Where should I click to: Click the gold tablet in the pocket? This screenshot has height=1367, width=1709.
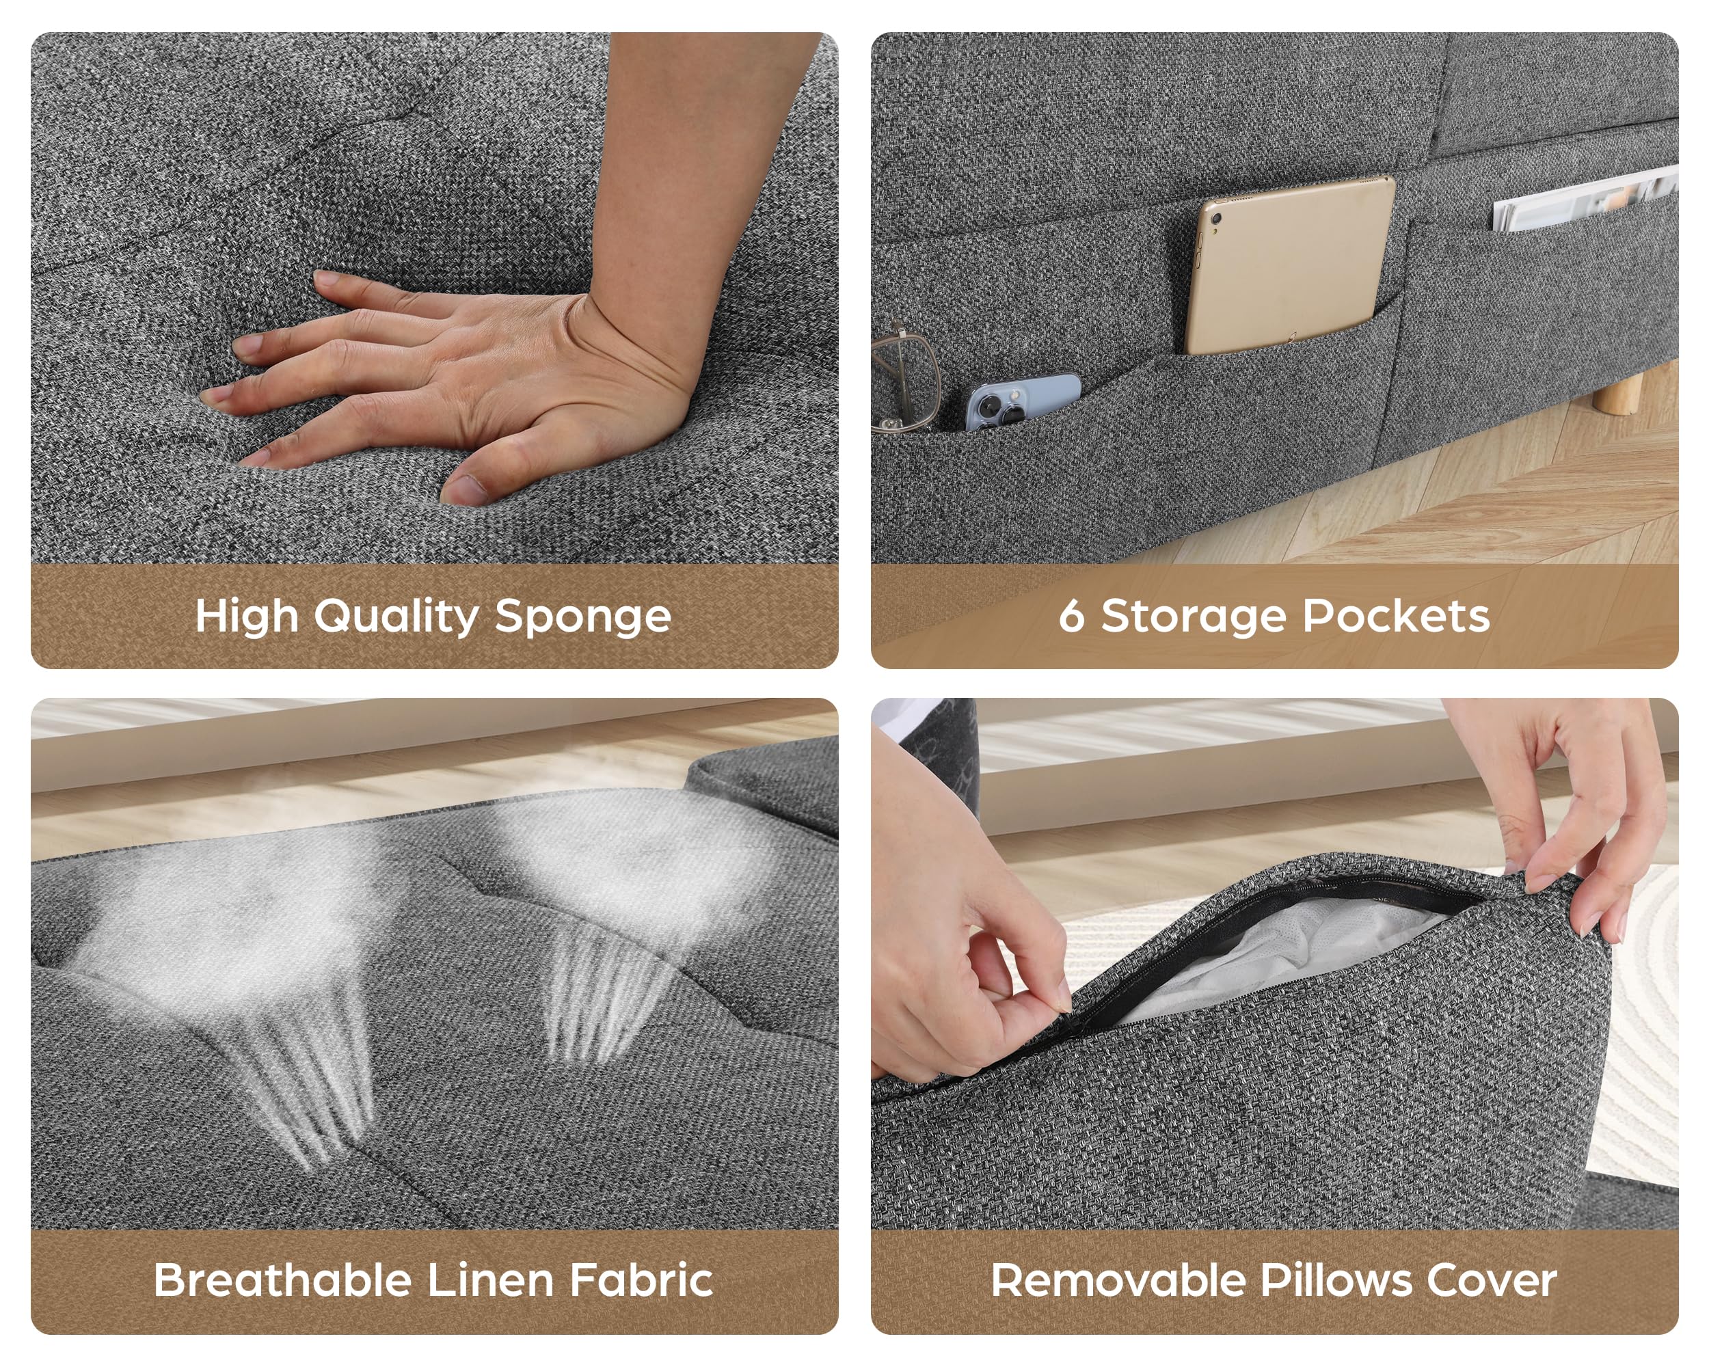pyautogui.click(x=1290, y=265)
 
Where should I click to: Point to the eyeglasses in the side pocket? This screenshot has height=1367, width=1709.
pyautogui.click(x=903, y=378)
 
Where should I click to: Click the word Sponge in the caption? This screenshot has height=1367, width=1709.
pyautogui.click(x=582, y=618)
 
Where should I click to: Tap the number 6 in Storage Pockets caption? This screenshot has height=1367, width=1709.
pyautogui.click(x=1071, y=617)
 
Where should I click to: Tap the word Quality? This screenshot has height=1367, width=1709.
pyautogui.click(x=396, y=617)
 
